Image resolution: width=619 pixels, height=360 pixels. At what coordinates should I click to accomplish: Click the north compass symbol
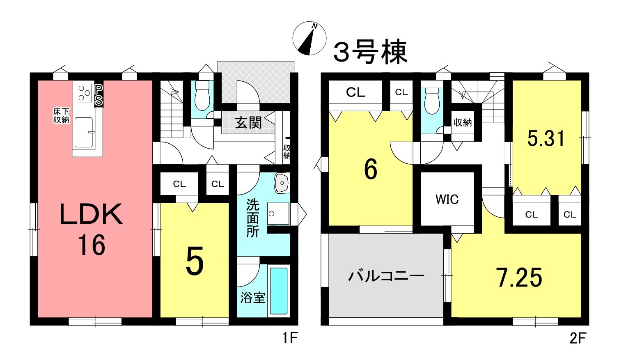tap(309, 38)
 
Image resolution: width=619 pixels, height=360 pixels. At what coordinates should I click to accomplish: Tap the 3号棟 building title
tap(370, 52)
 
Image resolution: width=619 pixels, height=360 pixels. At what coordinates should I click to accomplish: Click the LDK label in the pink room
tap(92, 214)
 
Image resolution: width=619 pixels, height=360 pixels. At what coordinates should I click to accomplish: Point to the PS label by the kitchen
tap(99, 95)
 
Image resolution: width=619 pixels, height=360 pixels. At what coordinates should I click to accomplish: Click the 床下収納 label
tap(61, 116)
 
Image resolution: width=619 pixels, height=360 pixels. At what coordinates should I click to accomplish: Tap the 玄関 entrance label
tap(248, 122)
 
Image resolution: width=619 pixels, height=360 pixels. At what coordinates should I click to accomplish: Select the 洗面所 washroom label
tap(252, 218)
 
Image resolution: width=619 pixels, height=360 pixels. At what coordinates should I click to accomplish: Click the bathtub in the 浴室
tap(279, 291)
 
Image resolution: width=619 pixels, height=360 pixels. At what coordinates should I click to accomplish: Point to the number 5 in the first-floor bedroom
tap(195, 261)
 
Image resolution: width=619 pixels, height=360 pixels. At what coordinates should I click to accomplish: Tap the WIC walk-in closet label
tap(447, 199)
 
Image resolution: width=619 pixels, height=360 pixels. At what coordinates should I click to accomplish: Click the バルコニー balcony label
tap(386, 276)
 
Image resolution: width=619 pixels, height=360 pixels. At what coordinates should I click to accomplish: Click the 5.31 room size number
tap(546, 138)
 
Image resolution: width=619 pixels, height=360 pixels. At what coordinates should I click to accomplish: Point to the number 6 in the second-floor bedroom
tap(371, 170)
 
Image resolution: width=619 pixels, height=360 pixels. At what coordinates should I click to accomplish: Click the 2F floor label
tap(578, 338)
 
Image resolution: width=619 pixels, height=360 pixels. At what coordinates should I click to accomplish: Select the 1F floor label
tap(290, 338)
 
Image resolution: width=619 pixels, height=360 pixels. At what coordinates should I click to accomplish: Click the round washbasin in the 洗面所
tap(282, 183)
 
